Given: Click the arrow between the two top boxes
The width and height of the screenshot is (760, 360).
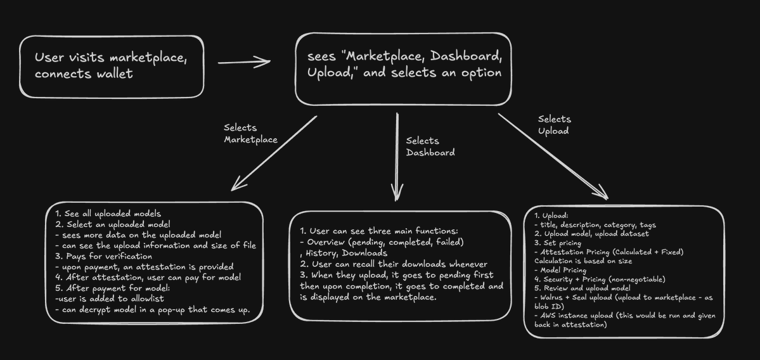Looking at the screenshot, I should (244, 62).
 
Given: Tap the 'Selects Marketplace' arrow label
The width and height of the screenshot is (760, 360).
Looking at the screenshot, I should (250, 134).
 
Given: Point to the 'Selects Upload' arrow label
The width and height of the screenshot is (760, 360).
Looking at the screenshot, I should (555, 125).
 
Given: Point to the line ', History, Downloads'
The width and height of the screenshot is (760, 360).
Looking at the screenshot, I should (342, 253).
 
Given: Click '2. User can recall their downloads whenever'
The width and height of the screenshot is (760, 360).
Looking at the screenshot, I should (394, 264).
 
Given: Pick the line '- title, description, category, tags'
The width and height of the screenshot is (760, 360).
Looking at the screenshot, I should (596, 224).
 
